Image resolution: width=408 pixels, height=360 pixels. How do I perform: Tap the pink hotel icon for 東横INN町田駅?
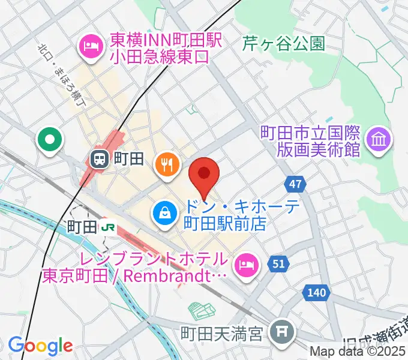point(91,46)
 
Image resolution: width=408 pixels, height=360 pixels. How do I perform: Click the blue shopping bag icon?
point(163,212)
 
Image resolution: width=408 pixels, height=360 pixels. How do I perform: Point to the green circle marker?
point(50,140)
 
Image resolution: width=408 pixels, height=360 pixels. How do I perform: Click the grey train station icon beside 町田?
point(100,159)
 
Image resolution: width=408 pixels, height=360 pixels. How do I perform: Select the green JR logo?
point(109,227)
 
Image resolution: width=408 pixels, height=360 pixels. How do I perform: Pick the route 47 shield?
point(295,184)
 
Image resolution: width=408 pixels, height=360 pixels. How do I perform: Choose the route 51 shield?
point(278,263)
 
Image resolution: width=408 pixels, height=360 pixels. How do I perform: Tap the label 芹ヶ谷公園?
point(284,44)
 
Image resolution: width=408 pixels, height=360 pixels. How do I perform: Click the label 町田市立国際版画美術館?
point(310,140)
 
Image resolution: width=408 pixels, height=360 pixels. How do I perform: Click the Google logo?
point(40,346)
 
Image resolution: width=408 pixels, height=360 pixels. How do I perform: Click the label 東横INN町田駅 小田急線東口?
point(158,49)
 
